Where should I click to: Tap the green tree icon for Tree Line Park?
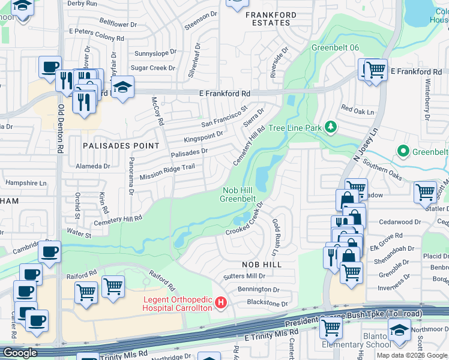[330, 127]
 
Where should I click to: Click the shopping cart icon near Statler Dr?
[425, 192]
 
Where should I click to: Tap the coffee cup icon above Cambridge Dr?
[50, 251]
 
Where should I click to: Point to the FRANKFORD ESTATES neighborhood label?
[270, 19]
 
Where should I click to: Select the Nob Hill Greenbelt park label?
[238, 194]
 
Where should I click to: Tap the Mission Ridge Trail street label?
[167, 173]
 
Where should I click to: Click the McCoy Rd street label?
[157, 111]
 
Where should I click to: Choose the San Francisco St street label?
[224, 116]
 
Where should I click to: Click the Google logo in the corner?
[20, 353]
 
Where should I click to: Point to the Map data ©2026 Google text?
[411, 355]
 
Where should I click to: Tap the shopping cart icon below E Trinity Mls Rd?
[331, 328]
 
